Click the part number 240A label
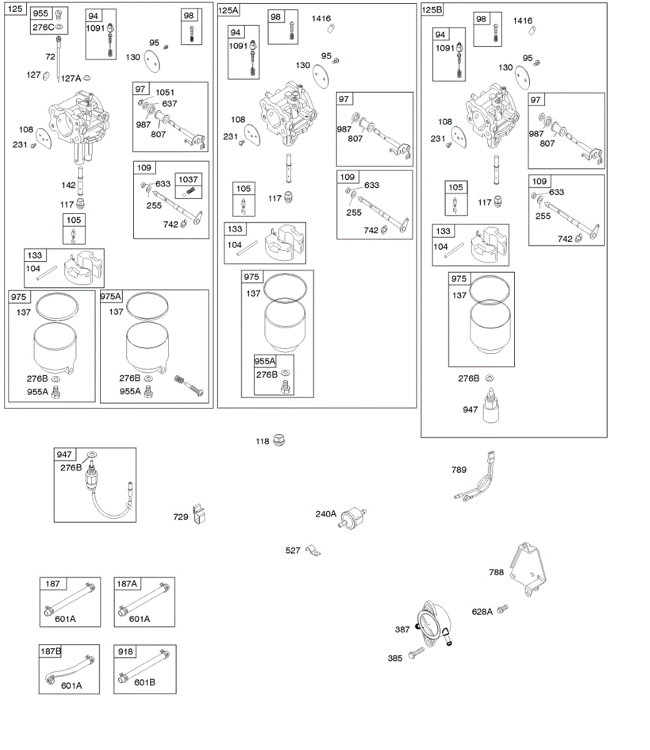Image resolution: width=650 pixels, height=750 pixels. click(325, 514)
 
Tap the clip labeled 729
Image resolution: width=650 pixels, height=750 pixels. click(199, 514)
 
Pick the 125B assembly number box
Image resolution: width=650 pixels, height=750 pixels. click(432, 10)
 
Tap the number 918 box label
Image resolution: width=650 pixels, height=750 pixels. click(126, 651)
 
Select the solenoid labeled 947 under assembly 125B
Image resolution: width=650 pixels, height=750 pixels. click(492, 407)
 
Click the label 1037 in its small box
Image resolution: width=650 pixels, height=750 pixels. click(188, 179)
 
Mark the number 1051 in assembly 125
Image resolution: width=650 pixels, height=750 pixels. click(165, 92)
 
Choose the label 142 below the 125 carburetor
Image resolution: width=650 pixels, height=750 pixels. click(68, 185)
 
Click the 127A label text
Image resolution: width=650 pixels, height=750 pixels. click(70, 78)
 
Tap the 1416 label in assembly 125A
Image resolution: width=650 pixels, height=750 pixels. click(322, 19)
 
